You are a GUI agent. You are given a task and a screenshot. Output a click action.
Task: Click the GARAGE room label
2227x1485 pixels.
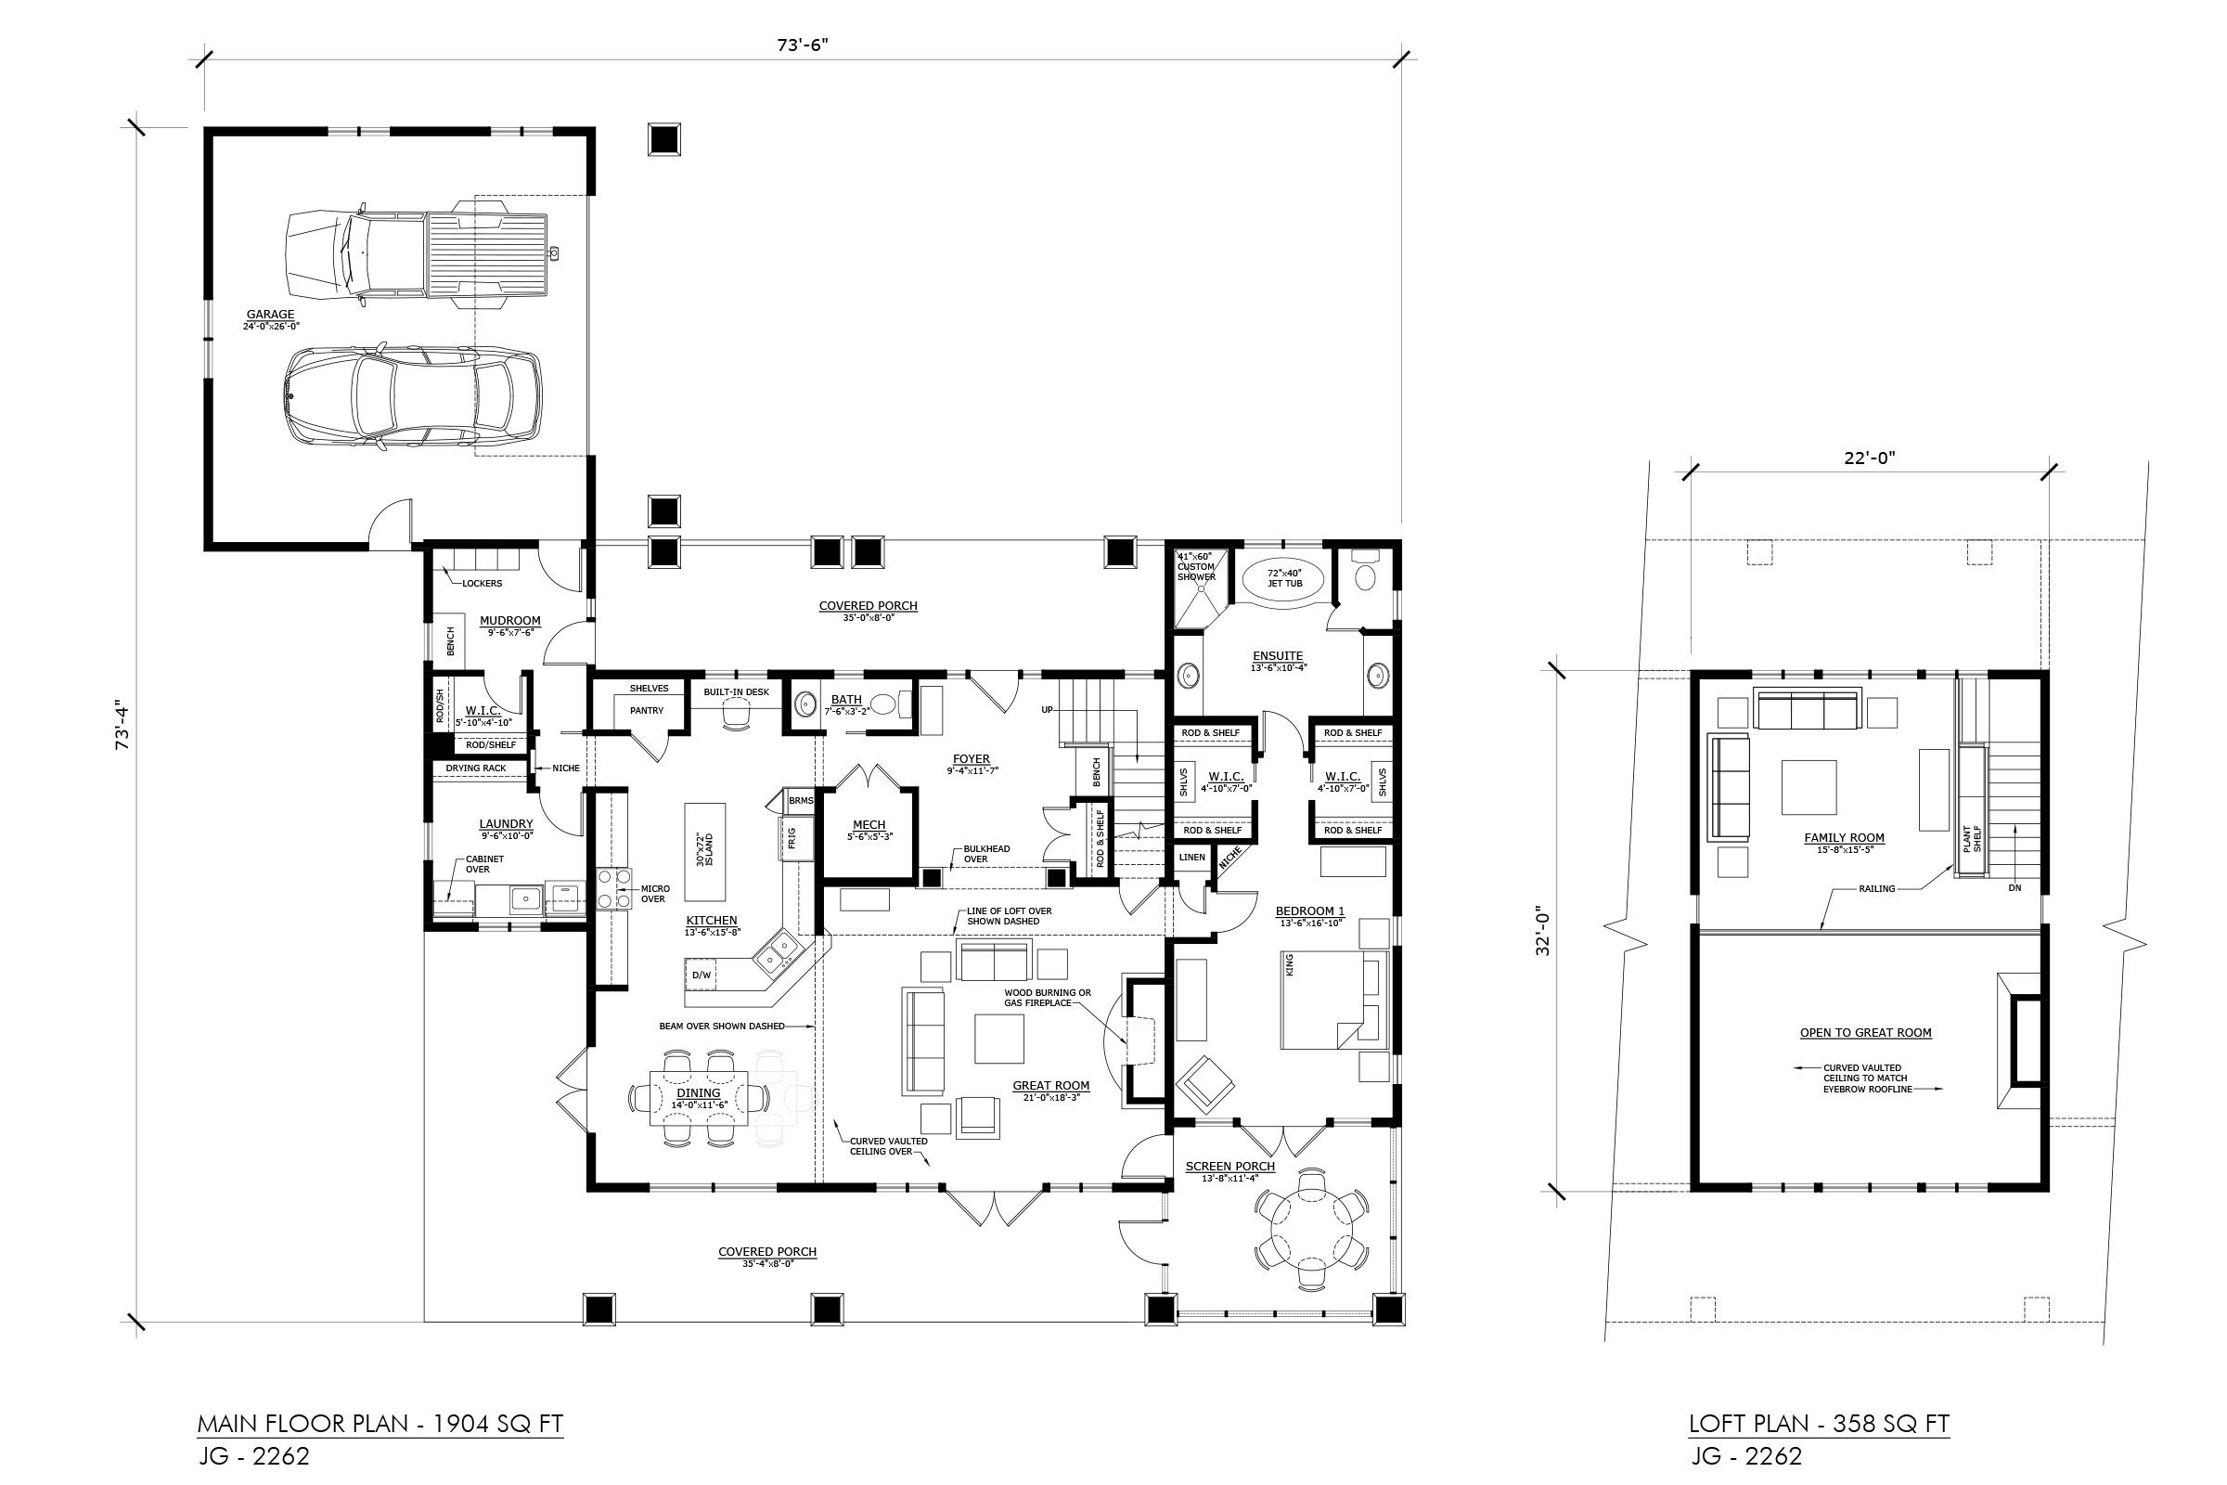click(x=270, y=315)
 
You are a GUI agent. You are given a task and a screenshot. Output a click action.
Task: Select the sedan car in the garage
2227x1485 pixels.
click(x=415, y=396)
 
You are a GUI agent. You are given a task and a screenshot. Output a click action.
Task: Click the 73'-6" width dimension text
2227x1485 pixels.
click(x=802, y=45)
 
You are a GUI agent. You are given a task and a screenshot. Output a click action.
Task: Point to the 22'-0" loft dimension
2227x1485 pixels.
click(x=1869, y=458)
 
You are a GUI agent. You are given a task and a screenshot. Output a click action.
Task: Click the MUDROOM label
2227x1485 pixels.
click(x=509, y=621)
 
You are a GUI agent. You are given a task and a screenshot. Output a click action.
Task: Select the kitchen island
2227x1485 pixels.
click(x=705, y=852)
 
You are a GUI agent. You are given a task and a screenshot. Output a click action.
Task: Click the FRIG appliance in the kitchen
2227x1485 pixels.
click(x=792, y=837)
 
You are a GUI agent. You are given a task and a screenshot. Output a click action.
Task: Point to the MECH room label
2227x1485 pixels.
click(x=869, y=825)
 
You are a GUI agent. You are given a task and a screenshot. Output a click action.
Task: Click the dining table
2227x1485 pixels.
click(x=699, y=1098)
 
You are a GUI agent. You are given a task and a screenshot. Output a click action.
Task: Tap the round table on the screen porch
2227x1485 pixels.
click(x=1311, y=1228)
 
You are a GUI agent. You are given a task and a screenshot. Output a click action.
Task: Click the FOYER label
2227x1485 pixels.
click(x=972, y=758)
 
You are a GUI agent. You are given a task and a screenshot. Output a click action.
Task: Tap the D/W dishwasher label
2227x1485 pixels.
click(x=702, y=975)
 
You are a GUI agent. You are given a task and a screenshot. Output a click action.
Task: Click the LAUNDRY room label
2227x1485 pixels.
click(x=506, y=824)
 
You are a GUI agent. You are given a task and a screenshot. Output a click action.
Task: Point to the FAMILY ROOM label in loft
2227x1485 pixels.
click(x=1845, y=838)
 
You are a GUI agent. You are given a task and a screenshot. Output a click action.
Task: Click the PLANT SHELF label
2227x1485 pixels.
click(x=1971, y=839)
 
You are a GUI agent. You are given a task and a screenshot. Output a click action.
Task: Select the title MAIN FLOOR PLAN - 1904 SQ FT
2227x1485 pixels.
click(x=380, y=1424)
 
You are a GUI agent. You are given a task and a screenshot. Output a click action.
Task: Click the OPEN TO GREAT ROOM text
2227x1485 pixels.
click(x=1866, y=1033)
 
